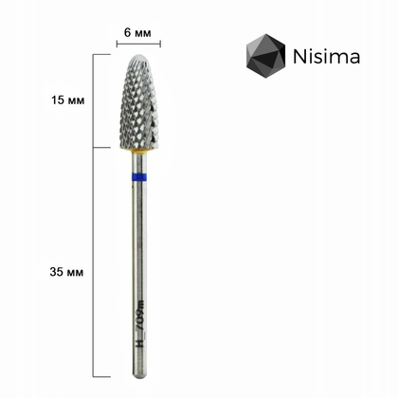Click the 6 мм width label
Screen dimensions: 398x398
point(137,32)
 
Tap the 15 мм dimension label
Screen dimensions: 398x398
point(68,100)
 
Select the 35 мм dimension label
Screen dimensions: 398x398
point(66,272)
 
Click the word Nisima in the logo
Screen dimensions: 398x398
point(327,57)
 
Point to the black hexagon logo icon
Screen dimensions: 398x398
point(265,56)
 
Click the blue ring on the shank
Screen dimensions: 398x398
point(139,177)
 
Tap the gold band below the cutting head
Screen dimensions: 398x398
point(139,151)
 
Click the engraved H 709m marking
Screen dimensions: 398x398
point(139,324)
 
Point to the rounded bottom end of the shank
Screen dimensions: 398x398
point(139,376)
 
